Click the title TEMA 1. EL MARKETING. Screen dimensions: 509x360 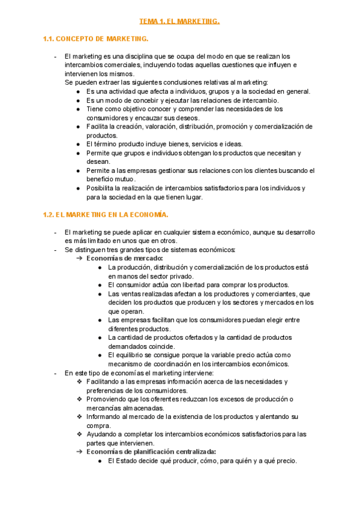coord(179,22)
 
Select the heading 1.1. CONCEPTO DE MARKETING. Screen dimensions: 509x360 coord(95,39)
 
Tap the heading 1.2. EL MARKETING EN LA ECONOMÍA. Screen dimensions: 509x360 coord(106,214)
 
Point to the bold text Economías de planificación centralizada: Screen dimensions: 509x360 coord(151,451)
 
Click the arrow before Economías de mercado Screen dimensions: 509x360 coord(80,258)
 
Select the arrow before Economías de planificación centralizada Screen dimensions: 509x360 coord(80,451)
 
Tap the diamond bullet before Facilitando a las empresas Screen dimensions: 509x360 coord(80,381)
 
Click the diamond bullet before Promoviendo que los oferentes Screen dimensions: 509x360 coord(80,399)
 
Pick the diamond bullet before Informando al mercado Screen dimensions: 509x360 coord(80,417)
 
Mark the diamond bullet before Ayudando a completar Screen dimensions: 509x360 coord(80,434)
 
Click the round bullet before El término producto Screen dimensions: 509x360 coord(79,144)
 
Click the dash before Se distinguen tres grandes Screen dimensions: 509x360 coord(55,250)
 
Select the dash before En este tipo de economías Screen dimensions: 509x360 coord(55,373)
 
